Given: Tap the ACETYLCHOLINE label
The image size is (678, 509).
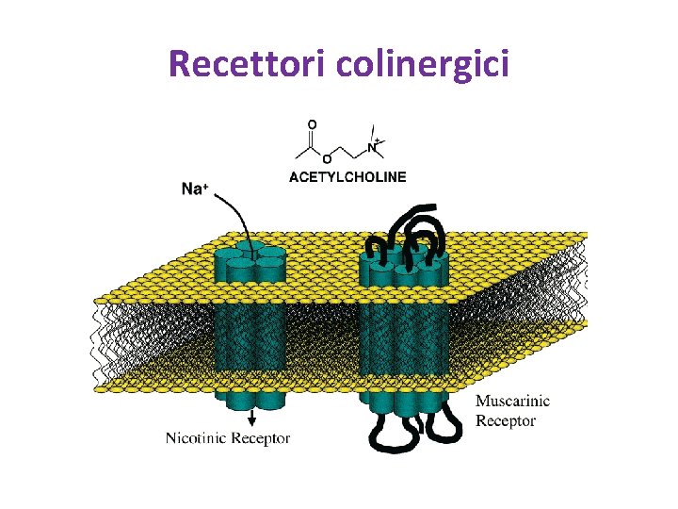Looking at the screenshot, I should click(x=347, y=176).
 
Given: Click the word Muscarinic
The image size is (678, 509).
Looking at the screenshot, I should click(x=512, y=402).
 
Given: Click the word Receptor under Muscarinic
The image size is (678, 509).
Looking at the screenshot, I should click(x=506, y=420).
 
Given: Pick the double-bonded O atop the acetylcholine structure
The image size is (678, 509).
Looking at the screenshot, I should click(x=313, y=123).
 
